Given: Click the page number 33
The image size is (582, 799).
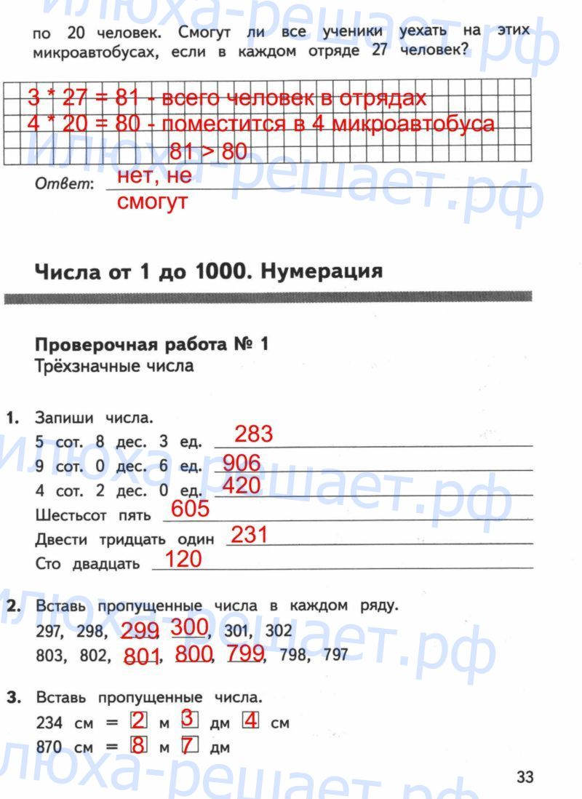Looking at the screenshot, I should (525, 777).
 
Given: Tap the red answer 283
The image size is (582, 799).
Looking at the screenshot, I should (254, 434).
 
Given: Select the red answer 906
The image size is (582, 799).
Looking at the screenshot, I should (241, 462).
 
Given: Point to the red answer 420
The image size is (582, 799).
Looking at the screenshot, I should (241, 485).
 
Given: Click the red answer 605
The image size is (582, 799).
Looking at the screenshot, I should (191, 509).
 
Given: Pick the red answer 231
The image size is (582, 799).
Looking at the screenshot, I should (249, 536).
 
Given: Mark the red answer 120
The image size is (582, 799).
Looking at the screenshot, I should (183, 560).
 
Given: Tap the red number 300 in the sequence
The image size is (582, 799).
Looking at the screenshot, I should (191, 627).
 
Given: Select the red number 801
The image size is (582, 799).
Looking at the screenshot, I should (142, 656).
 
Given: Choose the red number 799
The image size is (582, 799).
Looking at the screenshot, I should (244, 653).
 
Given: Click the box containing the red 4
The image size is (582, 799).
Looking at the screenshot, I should (251, 722).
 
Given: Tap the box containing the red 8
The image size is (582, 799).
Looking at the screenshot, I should (137, 745).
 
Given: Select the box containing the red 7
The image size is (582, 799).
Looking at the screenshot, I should (190, 745).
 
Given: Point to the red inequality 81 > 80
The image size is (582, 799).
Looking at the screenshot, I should (207, 152).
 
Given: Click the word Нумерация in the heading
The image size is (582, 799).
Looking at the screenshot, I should (321, 272).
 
